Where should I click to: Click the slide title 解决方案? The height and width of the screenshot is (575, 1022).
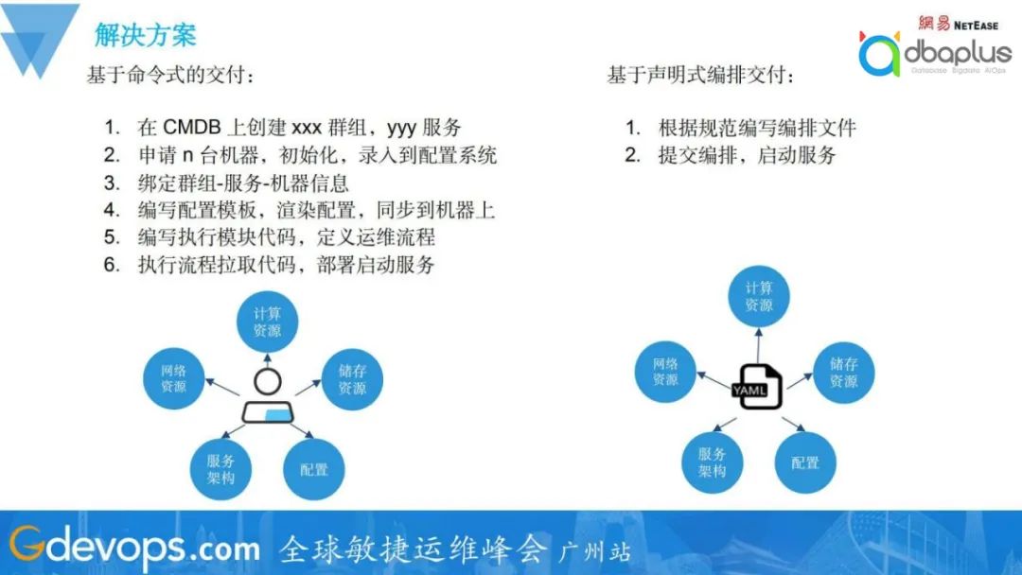point(145,36)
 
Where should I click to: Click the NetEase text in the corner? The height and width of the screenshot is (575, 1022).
point(958,23)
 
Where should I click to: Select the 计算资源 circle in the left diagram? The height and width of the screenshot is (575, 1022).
point(267,322)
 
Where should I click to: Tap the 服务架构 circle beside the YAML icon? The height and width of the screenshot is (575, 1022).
point(712,462)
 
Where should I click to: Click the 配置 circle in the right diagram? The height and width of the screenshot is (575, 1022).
point(805,462)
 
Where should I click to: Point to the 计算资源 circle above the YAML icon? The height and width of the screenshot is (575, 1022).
point(759,297)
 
